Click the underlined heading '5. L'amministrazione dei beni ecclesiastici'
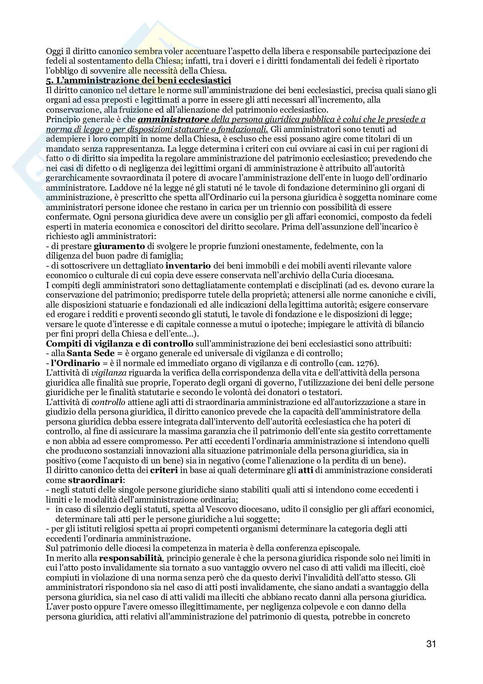pos(138,81)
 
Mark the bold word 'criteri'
pos(164,470)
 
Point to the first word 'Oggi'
pos(54,51)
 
